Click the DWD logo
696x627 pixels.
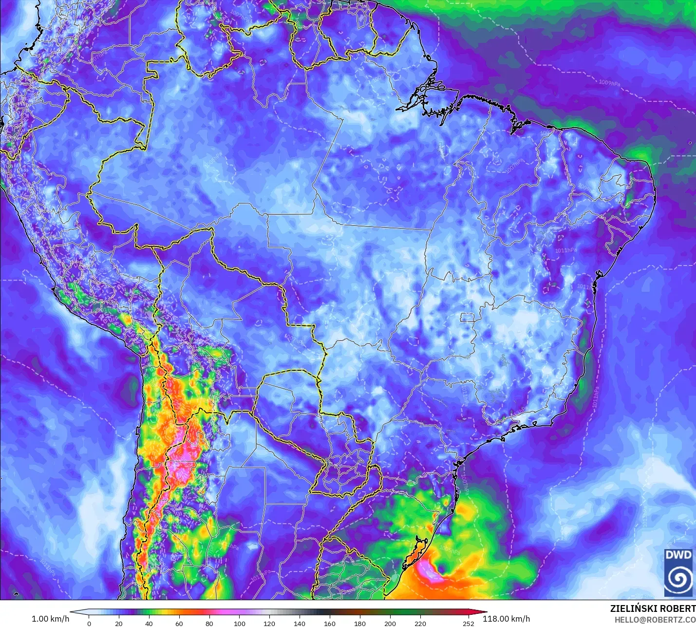pos(678,572)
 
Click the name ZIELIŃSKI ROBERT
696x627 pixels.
pos(653,608)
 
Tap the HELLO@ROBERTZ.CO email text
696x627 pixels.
pos(655,620)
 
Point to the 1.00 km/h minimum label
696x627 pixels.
pos(50,619)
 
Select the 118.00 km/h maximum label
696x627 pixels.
pos(506,619)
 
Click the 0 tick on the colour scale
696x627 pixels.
pos(89,623)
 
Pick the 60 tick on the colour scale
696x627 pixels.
pos(179,623)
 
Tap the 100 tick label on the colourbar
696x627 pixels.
pos(239,623)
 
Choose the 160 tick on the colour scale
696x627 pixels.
pos(330,623)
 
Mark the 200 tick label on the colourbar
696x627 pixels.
pos(390,623)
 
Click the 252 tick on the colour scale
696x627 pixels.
pos(469,623)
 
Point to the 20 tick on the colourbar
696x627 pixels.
pos(119,623)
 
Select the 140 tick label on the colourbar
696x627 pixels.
pos(300,623)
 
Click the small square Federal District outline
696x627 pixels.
pos(468,318)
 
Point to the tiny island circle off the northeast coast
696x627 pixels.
pos(691,143)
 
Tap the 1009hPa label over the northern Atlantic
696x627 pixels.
pos(609,83)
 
